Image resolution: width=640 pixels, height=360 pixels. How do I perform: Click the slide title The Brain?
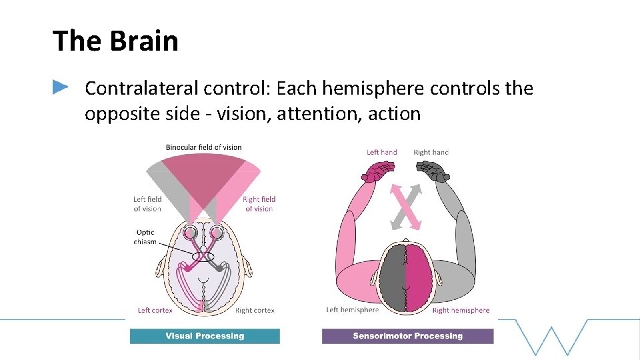pos(115,41)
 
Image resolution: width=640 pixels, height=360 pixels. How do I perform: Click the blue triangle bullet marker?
pos(61,87)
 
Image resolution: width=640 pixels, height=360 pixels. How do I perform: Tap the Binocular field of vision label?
pos(203,147)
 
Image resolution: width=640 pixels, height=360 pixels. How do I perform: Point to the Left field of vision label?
pos(147,204)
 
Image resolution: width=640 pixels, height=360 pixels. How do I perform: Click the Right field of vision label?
pos(259,204)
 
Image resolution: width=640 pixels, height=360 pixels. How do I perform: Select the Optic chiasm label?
pos(145,237)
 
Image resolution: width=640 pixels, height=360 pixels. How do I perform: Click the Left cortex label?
pos(155,310)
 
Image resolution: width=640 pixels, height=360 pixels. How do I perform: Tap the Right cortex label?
pos(255,310)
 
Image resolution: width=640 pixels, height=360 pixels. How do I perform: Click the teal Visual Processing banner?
pos(205,336)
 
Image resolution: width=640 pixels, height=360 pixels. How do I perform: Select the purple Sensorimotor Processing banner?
pos(407,336)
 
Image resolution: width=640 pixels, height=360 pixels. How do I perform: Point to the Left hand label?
pos(381,152)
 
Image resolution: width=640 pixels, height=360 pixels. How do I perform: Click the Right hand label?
pos(431,152)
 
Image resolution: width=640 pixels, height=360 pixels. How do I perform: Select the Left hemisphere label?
pos(352,310)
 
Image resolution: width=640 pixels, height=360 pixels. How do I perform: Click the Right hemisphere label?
pos(461,310)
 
